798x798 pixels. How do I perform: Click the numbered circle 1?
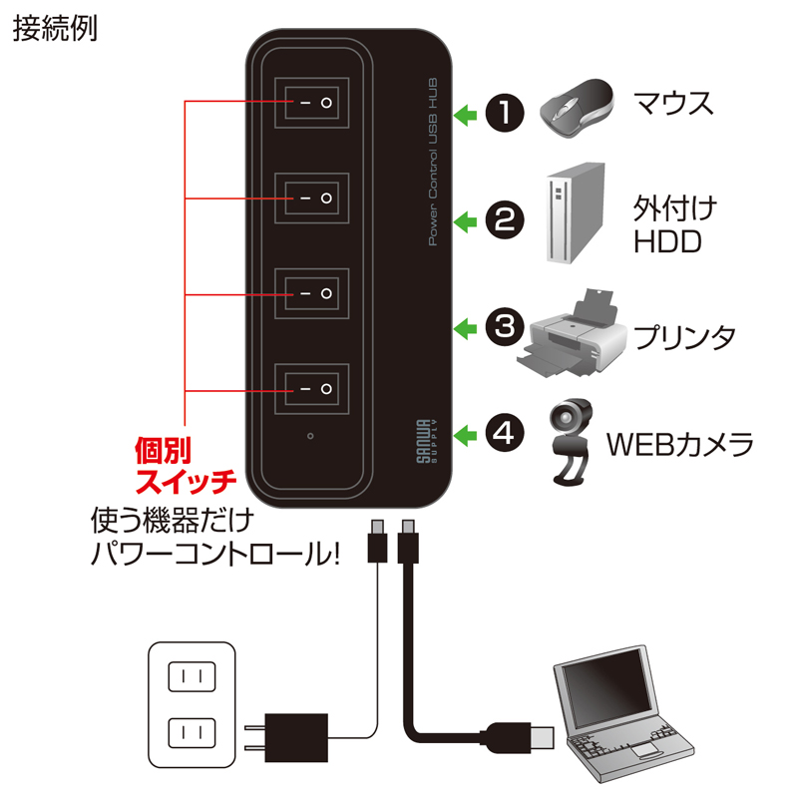505,112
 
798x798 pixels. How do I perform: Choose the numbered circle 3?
505,326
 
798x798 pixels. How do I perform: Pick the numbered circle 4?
505,433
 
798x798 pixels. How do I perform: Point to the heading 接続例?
55,30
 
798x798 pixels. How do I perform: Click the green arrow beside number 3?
464,327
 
